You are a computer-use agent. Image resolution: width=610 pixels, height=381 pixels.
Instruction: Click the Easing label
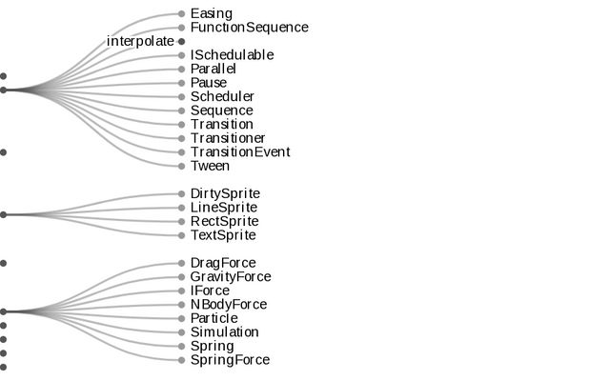coord(211,13)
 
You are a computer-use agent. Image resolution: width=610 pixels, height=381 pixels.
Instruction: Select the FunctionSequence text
coord(249,28)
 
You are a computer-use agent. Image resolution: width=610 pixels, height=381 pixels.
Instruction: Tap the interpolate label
coord(140,41)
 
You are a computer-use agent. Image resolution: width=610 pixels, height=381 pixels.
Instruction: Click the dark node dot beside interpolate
coord(181,42)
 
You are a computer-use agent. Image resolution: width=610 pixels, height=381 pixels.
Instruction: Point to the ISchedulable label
coord(232,55)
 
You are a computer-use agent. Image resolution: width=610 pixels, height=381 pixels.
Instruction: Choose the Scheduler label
coord(222,96)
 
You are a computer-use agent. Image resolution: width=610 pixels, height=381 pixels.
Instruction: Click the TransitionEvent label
coord(240,151)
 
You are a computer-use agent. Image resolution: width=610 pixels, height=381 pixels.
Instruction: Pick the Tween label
coord(210,166)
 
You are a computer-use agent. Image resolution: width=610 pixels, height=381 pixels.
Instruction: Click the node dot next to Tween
coord(181,166)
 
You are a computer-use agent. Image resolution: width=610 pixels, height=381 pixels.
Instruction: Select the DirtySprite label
coord(225,193)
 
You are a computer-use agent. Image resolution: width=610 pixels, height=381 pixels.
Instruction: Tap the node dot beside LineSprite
coord(181,208)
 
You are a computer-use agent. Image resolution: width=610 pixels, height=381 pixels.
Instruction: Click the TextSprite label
coord(223,235)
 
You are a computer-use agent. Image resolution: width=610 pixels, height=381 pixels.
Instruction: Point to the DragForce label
coord(223,263)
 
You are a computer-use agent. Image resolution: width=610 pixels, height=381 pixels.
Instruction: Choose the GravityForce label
coord(231,277)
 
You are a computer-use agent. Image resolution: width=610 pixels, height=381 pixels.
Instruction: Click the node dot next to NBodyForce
coord(181,305)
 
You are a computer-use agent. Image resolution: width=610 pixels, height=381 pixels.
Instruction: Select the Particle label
coord(213,318)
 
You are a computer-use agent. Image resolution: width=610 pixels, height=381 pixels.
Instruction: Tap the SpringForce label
coord(230,360)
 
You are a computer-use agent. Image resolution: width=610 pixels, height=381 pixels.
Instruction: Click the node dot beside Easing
coord(181,14)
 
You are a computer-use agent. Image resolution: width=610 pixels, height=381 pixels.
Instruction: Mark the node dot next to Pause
coord(181,83)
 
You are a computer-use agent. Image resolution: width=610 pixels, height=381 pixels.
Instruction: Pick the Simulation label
coord(224,332)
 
